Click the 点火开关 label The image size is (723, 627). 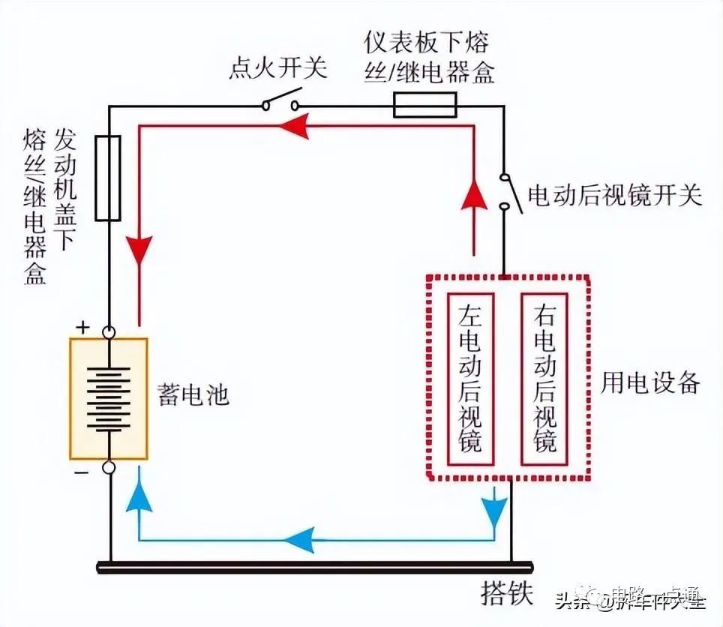[x=278, y=69]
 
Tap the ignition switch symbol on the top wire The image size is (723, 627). [x=281, y=103]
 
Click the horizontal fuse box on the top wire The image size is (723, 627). [x=425, y=105]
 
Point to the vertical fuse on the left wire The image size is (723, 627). [x=108, y=178]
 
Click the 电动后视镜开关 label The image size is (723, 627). [x=615, y=196]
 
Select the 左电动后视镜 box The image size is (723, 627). [x=470, y=379]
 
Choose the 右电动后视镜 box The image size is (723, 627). [x=544, y=379]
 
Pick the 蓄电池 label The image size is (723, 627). [x=193, y=395]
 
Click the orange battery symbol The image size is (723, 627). [x=108, y=398]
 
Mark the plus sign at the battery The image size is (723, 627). [x=82, y=328]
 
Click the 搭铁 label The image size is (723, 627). [x=506, y=596]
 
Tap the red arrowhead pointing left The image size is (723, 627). [x=294, y=128]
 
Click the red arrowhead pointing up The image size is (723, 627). [x=473, y=196]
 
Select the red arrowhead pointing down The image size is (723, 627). [x=139, y=251]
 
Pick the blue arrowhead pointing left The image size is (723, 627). [x=298, y=537]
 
